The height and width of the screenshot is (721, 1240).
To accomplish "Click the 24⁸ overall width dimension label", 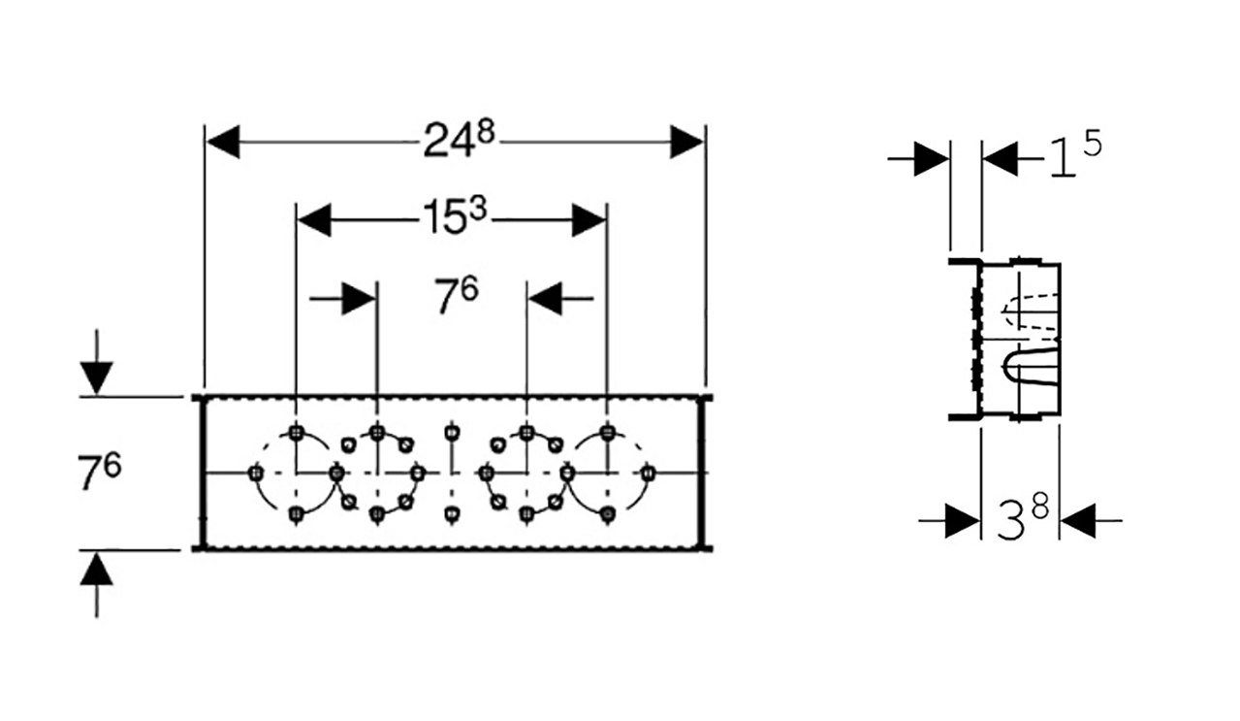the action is coord(459,141).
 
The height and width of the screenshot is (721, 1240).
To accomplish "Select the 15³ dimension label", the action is coord(454,216).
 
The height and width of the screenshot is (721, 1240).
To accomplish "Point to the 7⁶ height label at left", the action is coord(99,471).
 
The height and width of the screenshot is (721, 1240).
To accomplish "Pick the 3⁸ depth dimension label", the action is coord(1023,517).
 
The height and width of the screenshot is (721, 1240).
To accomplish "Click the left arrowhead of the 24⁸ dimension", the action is coord(223,142).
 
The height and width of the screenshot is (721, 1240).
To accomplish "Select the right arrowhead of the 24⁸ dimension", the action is coord(686,142).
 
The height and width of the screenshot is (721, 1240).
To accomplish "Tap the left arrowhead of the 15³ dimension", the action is coord(314,220).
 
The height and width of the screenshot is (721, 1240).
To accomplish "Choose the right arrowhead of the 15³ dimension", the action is coord(589,220).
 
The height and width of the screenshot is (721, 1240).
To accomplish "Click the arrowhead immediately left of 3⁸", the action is coord(963,521).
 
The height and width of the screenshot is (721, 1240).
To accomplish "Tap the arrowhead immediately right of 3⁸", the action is coord(1078,521).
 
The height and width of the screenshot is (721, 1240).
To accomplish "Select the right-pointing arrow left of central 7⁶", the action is coord(342,299).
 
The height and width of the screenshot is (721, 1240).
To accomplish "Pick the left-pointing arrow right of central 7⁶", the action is coord(561,299).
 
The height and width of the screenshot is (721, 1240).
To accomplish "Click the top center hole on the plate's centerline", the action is coord(452,431).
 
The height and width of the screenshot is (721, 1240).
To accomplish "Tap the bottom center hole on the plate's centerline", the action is coord(452,513).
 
